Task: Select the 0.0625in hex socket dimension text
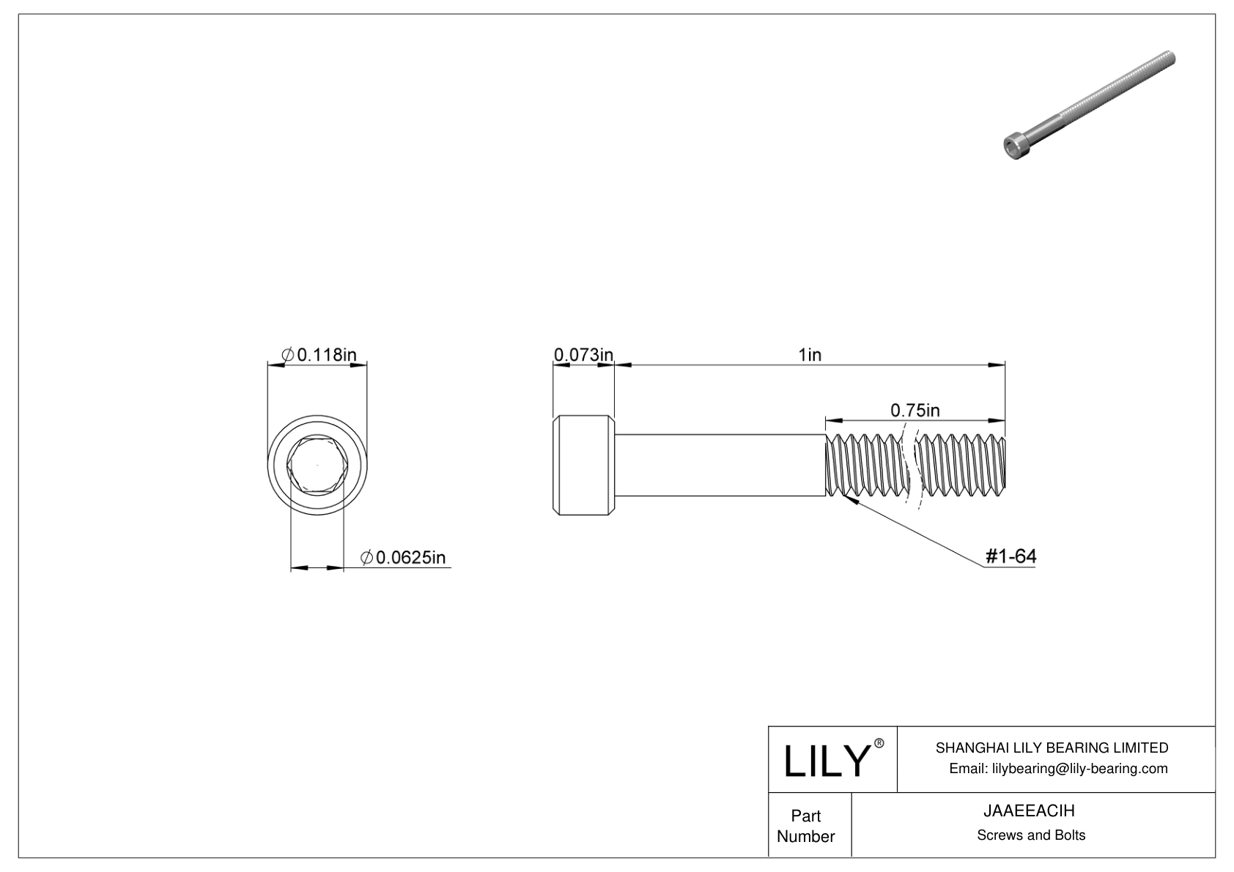404,558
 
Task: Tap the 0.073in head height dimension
583,355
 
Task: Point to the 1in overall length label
809,355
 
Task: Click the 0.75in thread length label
915,410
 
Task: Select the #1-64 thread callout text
1011,556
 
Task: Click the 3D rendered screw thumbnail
1087,104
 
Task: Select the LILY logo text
826,761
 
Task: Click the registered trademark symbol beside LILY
879,743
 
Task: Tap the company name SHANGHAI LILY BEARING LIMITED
1052,748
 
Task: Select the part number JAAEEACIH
1030,811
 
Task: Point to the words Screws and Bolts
1030,835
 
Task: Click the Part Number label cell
806,826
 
